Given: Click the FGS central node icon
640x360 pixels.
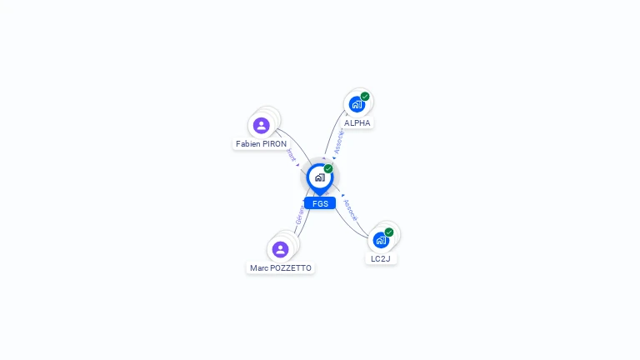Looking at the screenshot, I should (x=320, y=177).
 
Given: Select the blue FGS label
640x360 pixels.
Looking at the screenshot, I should (x=320, y=203).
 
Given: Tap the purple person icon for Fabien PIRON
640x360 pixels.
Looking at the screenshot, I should (x=262, y=126).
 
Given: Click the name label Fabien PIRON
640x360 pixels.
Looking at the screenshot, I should (x=261, y=144).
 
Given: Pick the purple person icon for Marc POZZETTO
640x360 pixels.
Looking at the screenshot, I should (x=280, y=249).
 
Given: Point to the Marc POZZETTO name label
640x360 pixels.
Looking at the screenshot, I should (x=281, y=268).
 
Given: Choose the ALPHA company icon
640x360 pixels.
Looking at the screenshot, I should (x=357, y=104).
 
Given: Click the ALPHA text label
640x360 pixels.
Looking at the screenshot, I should (x=357, y=123).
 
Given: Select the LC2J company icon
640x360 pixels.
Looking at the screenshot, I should (x=381, y=240).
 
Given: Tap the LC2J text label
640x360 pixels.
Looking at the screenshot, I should (x=381, y=259).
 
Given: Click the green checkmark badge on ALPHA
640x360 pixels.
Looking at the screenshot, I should (x=365, y=97).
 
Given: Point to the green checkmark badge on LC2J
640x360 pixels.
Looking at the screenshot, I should (x=389, y=232).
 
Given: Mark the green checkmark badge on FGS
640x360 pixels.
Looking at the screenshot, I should (x=328, y=169).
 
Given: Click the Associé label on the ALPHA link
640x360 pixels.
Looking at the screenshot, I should (x=338, y=141).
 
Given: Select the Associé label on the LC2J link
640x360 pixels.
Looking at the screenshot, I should (x=350, y=210).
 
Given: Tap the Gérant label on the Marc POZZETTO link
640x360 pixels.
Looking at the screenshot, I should (x=299, y=218).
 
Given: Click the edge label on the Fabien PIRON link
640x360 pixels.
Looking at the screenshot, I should (x=291, y=156).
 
